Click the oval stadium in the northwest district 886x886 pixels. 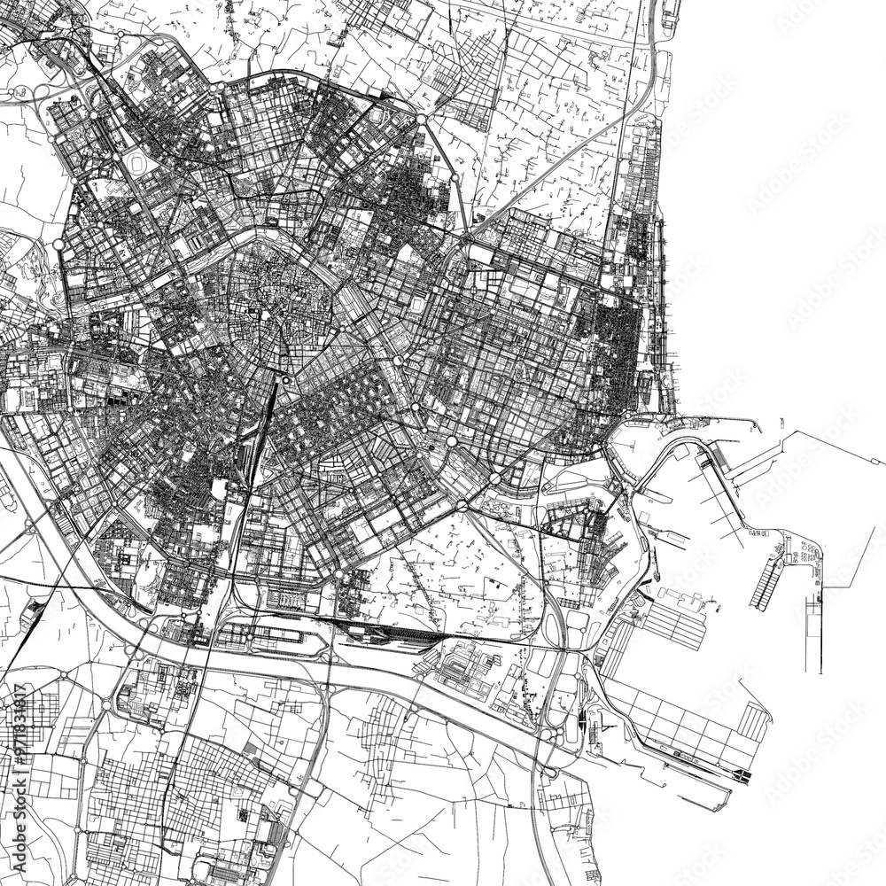coord(138,163)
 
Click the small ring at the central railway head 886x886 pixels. coord(285,381)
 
